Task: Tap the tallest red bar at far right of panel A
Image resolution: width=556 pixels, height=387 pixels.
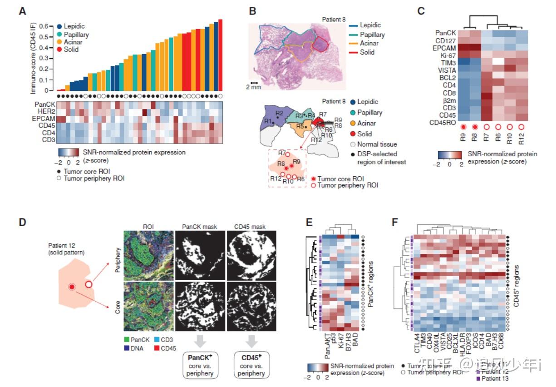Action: (220, 55)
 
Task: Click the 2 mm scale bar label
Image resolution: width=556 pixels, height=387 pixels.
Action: (254, 87)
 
